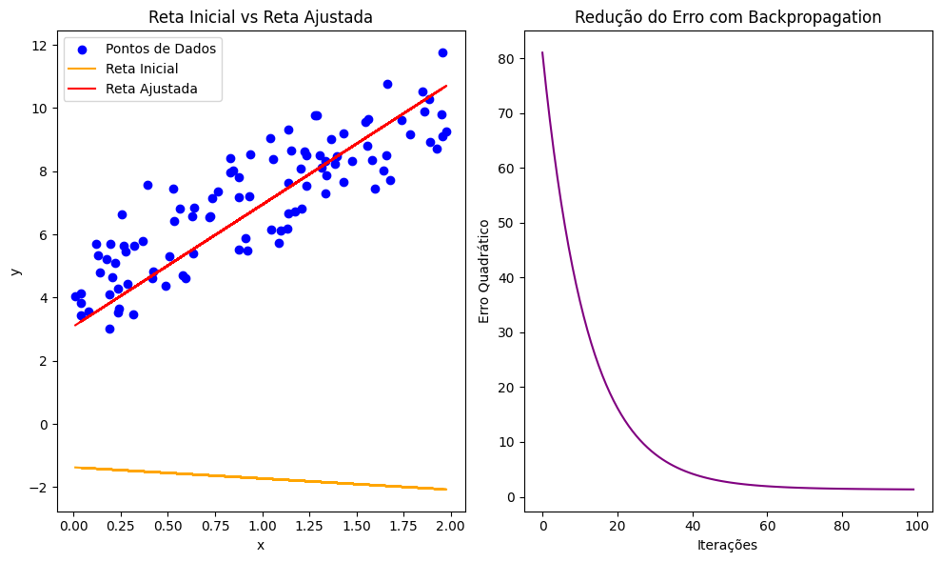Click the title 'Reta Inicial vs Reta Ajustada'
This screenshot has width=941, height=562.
(260, 16)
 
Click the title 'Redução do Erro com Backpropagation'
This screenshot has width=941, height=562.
(728, 16)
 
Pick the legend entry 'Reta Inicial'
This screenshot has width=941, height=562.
(142, 69)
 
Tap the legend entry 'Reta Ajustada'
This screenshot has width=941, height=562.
(151, 89)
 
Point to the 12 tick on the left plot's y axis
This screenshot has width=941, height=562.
(44, 46)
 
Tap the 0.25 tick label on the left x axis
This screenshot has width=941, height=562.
(120, 524)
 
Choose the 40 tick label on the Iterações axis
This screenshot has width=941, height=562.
(692, 524)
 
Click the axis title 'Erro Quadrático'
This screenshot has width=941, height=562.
(484, 271)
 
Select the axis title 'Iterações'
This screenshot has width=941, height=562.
(728, 545)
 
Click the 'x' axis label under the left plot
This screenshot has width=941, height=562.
(260, 545)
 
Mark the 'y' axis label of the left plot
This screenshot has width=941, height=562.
(15, 271)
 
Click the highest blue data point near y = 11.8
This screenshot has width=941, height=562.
(442, 52)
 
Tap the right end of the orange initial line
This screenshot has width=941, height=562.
(446, 490)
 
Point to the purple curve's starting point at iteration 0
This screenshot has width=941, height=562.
(542, 52)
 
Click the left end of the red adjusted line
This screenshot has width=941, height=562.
(75, 326)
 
